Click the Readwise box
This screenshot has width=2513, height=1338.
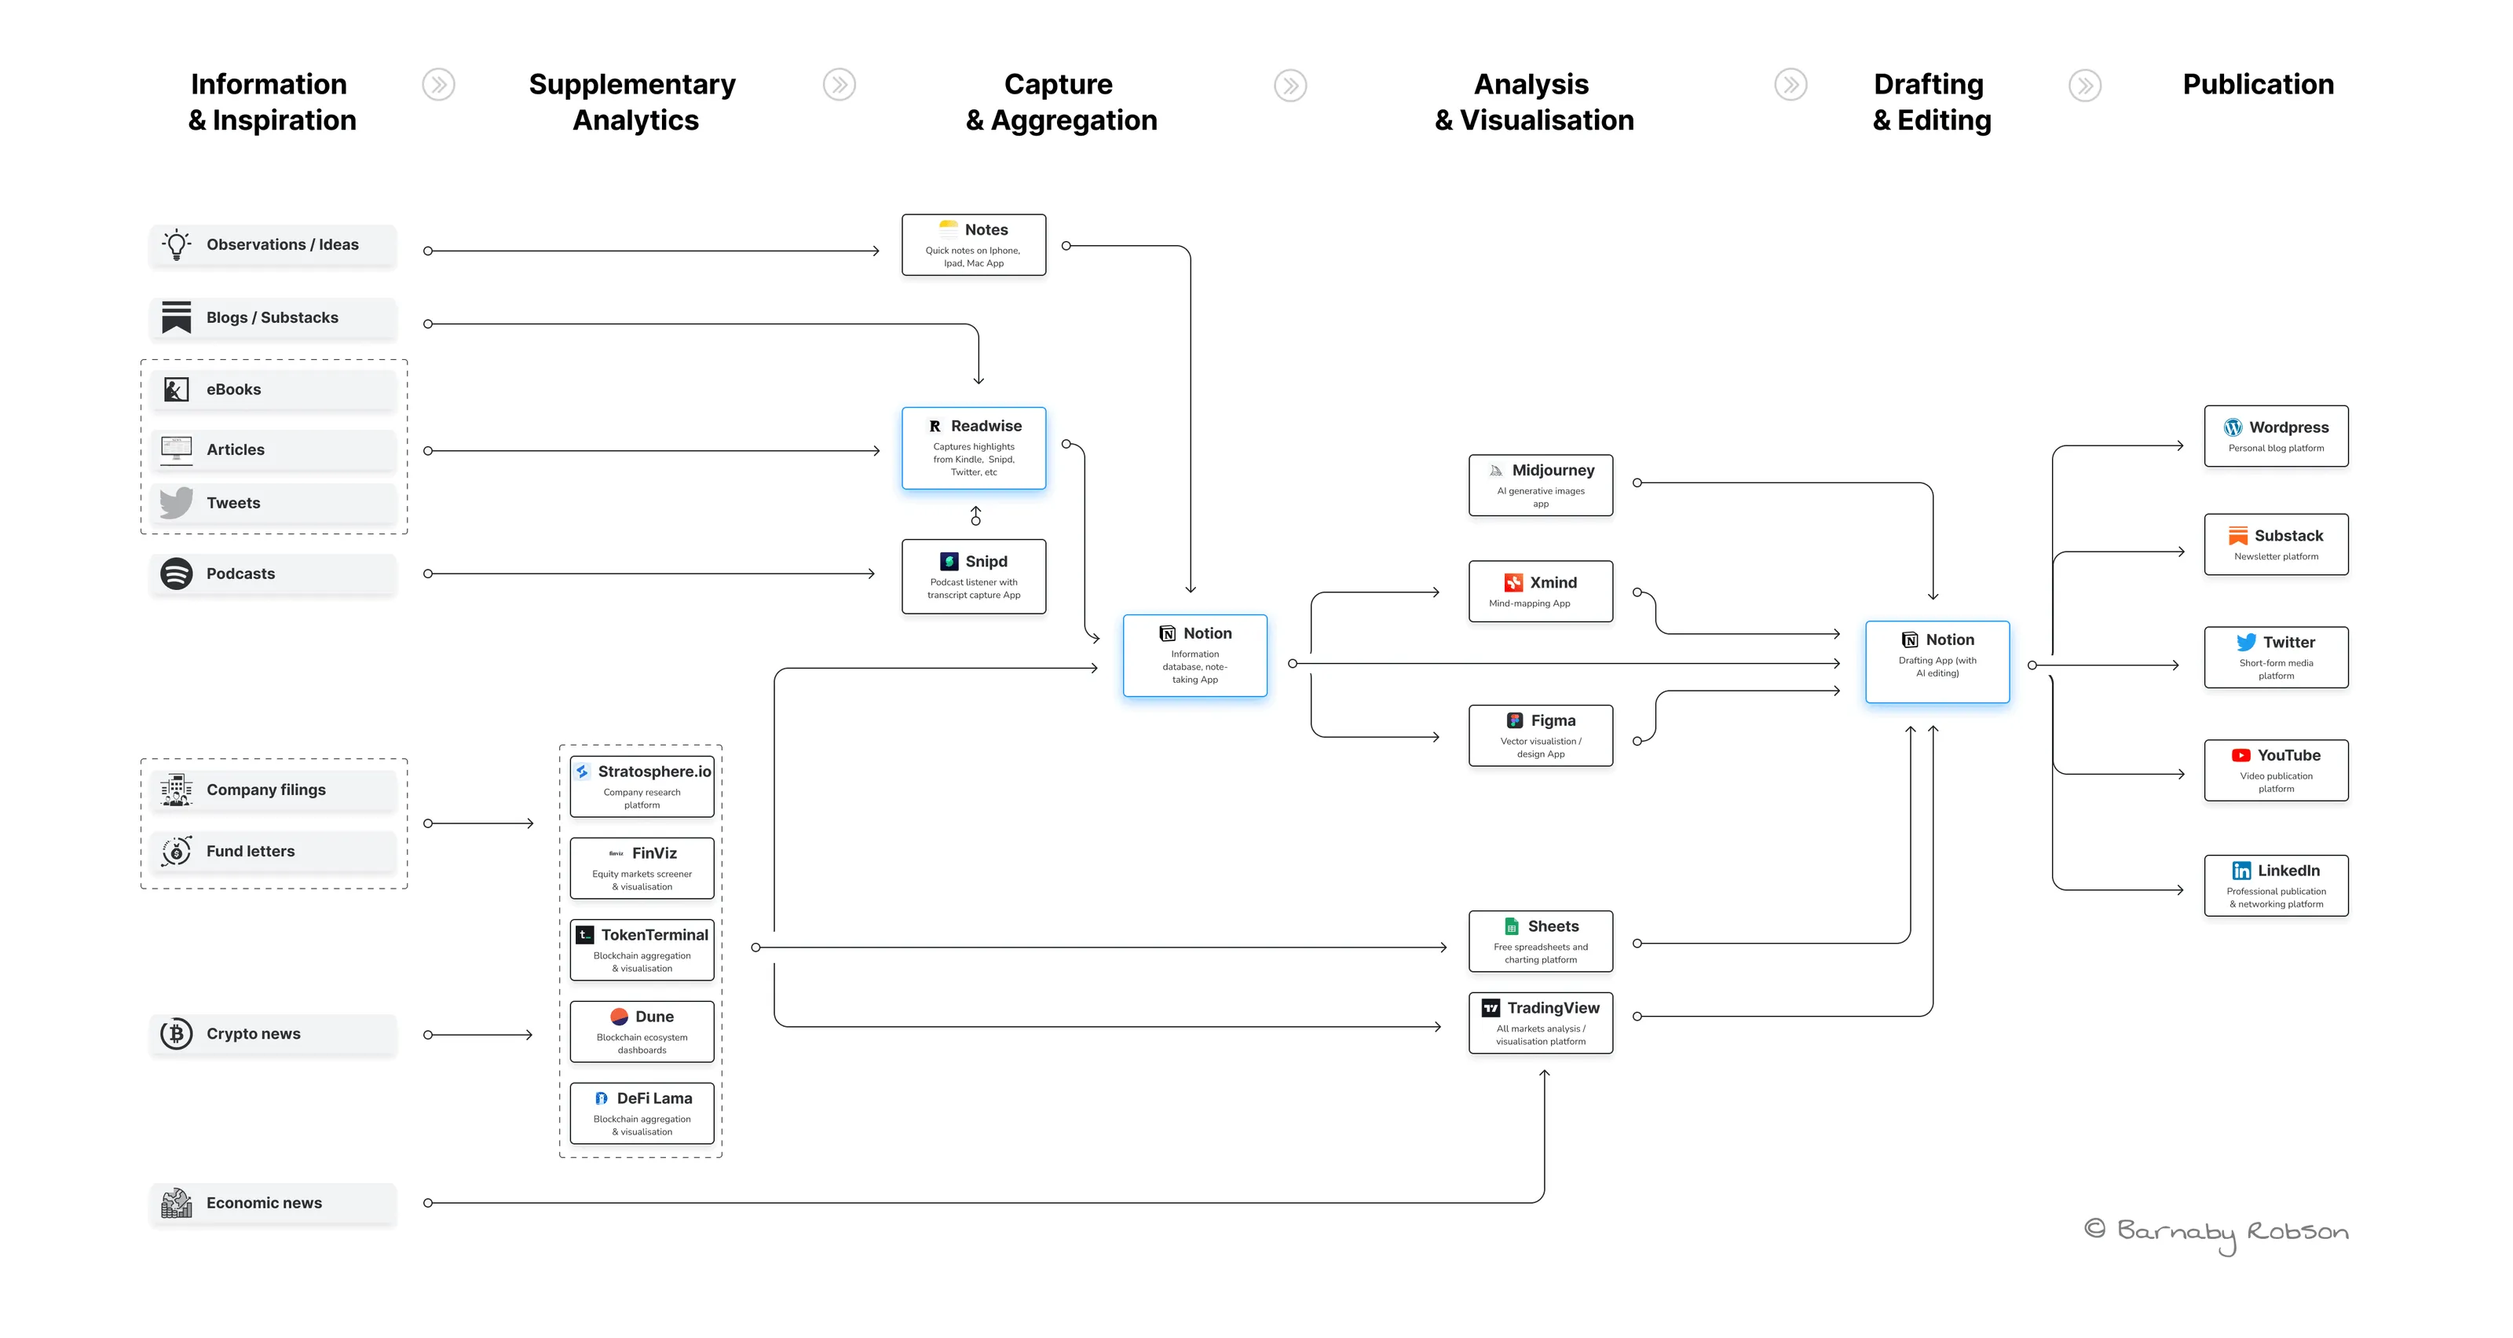pos(974,448)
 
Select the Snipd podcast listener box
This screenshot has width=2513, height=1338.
pos(974,577)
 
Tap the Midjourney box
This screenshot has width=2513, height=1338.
pos(1540,485)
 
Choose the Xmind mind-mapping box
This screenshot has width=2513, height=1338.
pos(1540,592)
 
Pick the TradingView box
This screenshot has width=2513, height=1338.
pos(1540,1023)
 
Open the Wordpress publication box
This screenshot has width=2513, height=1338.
pos(2276,436)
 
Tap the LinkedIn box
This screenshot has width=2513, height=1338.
pos(2276,886)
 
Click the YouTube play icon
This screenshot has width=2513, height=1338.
pos(2240,755)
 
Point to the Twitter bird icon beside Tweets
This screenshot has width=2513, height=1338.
pos(177,503)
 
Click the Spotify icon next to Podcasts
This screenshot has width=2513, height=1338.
pos(177,574)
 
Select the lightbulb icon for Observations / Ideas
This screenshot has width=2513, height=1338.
pos(177,244)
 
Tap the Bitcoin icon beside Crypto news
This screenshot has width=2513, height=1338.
pos(177,1033)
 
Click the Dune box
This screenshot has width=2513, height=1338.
pos(642,1032)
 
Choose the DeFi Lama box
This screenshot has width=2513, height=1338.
pos(642,1113)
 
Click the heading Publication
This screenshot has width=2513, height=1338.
pos(2259,85)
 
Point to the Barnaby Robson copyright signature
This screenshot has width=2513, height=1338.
pos(2216,1234)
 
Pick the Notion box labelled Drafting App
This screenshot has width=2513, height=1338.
pos(1937,662)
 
